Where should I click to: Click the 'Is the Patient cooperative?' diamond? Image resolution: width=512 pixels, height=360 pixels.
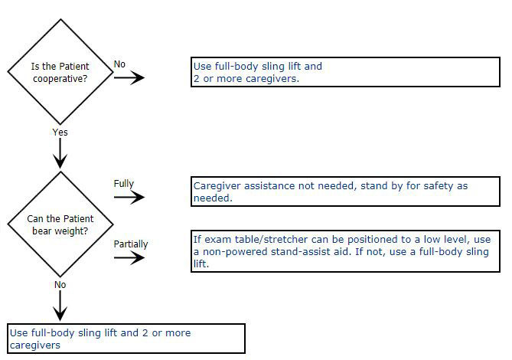tap(59, 72)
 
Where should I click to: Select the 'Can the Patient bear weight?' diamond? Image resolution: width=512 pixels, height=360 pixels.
tap(59, 224)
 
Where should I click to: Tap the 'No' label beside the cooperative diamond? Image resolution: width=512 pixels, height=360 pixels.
tap(120, 64)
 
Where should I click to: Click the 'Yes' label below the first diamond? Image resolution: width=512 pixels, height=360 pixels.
tap(60, 132)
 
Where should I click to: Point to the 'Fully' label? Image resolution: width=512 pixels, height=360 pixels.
tap(124, 184)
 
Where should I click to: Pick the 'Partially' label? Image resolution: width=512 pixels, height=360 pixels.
tap(131, 244)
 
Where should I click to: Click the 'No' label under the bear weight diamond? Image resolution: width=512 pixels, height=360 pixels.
tap(60, 284)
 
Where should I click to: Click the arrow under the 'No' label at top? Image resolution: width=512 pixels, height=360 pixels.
tap(129, 77)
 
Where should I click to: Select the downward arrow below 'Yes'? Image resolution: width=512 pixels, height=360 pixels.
tap(60, 155)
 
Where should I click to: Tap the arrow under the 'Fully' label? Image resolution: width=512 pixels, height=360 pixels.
tap(129, 197)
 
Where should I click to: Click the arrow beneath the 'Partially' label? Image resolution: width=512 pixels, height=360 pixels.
tap(129, 257)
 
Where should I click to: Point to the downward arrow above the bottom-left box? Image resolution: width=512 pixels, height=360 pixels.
tap(60, 306)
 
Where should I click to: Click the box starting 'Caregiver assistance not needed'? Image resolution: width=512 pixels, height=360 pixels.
tap(345, 191)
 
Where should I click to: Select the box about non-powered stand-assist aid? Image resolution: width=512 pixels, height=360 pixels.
tap(345, 251)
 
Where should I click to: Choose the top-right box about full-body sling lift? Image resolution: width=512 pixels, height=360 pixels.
tap(345, 72)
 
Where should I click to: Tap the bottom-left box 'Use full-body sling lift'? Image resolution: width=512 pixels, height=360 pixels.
tap(126, 339)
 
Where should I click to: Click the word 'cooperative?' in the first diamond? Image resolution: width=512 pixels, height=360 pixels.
tap(59, 78)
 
